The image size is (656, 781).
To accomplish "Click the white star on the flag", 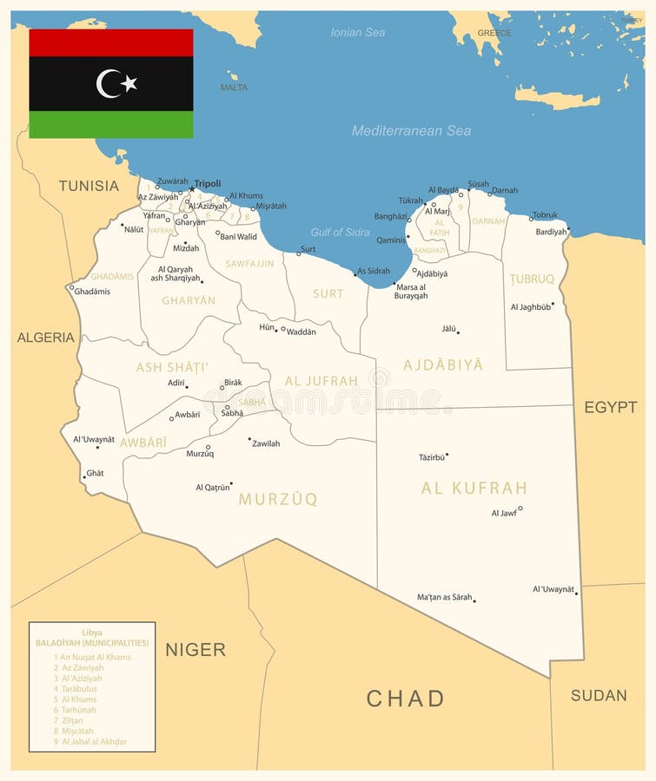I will click(x=129, y=83).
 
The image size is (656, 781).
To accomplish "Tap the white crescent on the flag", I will click(x=108, y=83).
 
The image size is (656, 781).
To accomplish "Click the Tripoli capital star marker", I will click(x=192, y=188).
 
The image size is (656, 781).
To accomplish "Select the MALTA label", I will click(x=234, y=88).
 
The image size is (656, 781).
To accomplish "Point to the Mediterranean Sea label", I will click(x=411, y=131).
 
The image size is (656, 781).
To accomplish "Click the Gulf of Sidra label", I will click(x=340, y=232).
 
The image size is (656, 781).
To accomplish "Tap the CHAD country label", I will click(x=405, y=698).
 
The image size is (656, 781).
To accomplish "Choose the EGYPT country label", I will click(x=610, y=407).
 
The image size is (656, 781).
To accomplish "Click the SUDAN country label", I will click(x=599, y=695).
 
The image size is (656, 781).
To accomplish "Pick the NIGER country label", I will click(x=195, y=649).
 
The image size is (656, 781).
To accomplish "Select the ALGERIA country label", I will click(x=46, y=337).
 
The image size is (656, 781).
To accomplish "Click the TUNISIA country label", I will click(x=89, y=185).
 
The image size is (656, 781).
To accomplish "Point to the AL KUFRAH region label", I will click(x=474, y=488).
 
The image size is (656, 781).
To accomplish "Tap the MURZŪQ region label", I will click(x=278, y=499).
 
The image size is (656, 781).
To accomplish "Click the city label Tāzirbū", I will click(x=431, y=456).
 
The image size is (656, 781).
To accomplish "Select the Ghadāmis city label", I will click(x=91, y=292).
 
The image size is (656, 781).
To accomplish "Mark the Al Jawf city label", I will click(x=503, y=513).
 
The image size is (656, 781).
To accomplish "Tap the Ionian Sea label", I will click(x=357, y=32).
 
